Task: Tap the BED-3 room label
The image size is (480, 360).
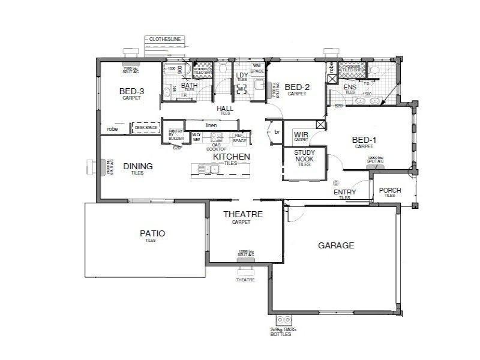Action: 131,91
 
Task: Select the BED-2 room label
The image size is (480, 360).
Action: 297,86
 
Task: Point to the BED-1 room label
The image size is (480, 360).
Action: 364,140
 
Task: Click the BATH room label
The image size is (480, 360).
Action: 190,85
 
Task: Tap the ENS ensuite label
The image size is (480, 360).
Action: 350,87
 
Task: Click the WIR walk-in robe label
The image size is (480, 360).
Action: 301,135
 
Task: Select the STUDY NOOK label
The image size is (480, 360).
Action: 304,156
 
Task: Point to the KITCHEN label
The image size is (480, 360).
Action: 232,157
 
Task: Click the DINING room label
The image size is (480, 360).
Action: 138,166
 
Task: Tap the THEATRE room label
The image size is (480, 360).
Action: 243,214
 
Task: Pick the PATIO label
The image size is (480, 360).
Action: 152,233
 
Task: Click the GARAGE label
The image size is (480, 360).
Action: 336,245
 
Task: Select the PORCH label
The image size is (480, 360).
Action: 390,191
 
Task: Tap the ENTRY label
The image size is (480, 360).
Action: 344,192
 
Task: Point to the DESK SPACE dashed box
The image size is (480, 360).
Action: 145,128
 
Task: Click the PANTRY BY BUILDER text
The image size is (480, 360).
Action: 176,135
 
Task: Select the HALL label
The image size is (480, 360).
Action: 225,109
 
